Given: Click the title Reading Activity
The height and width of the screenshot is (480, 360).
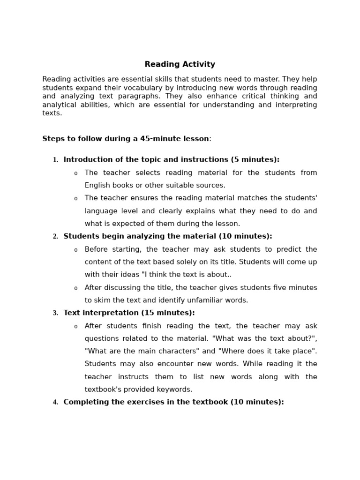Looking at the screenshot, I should click(x=180, y=65).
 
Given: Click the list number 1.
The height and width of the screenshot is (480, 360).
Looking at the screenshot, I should click(x=55, y=160).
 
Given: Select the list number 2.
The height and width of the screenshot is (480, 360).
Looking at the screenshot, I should click(x=55, y=237).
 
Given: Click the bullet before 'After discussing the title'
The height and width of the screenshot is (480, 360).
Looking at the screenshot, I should click(x=76, y=288).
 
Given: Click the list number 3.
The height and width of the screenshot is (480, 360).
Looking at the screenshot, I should click(x=55, y=313).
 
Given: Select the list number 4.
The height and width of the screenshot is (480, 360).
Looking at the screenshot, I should click(x=55, y=403).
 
